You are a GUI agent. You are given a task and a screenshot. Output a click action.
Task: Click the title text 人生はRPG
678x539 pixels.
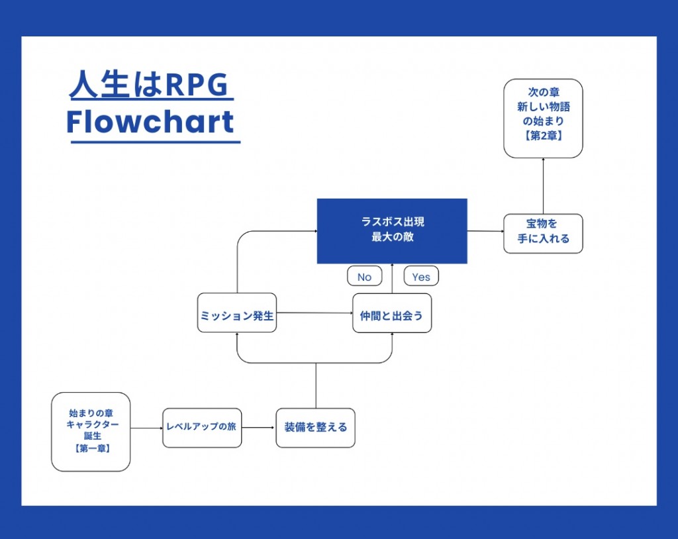click(x=149, y=85)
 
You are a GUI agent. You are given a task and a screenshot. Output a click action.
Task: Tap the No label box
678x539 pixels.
click(x=364, y=277)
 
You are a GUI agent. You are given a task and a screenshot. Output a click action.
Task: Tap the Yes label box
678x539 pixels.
click(x=421, y=277)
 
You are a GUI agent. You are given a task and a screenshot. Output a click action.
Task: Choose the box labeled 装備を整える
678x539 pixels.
click(x=315, y=428)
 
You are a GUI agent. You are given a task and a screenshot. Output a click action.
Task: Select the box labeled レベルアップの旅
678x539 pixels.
click(x=202, y=428)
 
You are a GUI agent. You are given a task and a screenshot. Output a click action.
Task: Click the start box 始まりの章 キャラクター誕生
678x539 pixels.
click(x=91, y=424)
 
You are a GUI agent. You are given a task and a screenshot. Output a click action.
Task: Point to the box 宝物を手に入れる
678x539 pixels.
click(x=543, y=233)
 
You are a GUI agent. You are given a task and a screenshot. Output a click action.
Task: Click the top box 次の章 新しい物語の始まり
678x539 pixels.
click(x=543, y=113)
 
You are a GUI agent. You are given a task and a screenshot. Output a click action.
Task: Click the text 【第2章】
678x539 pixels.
click(x=543, y=137)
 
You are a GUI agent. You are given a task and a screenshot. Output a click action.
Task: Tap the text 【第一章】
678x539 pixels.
click(x=91, y=449)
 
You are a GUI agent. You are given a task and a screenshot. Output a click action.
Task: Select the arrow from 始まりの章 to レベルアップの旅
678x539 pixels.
click(x=146, y=428)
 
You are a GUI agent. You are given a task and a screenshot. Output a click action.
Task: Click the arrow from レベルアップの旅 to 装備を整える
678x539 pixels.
click(x=258, y=428)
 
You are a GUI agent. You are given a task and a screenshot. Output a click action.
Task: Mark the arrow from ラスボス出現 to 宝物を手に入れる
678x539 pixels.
click(x=485, y=232)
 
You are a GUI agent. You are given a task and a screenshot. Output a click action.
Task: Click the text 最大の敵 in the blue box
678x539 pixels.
click(x=392, y=236)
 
